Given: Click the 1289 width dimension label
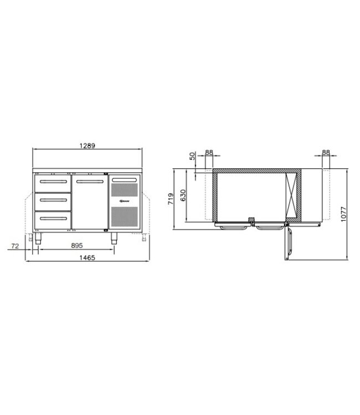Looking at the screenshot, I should click(x=87, y=146).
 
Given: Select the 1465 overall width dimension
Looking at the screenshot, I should click(x=87, y=258).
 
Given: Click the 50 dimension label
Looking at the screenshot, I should click(x=193, y=156).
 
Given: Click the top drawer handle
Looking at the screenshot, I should click(x=54, y=181).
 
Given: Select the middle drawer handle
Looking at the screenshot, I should click(x=54, y=199).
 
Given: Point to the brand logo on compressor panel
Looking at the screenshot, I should click(x=124, y=203).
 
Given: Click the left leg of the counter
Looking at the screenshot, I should click(x=39, y=238).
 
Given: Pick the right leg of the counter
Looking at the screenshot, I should click(x=115, y=238).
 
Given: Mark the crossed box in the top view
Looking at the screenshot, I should click(x=292, y=197).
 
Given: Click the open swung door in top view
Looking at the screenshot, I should click(x=288, y=245).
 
